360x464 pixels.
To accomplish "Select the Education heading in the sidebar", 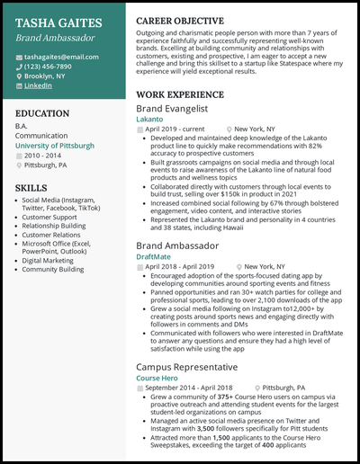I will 42,113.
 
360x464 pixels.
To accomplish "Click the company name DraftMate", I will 154,256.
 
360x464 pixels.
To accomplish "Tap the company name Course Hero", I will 157,379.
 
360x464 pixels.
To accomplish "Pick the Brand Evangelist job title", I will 175,107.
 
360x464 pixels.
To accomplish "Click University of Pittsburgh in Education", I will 55,145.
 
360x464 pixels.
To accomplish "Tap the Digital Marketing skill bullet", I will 51,258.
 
